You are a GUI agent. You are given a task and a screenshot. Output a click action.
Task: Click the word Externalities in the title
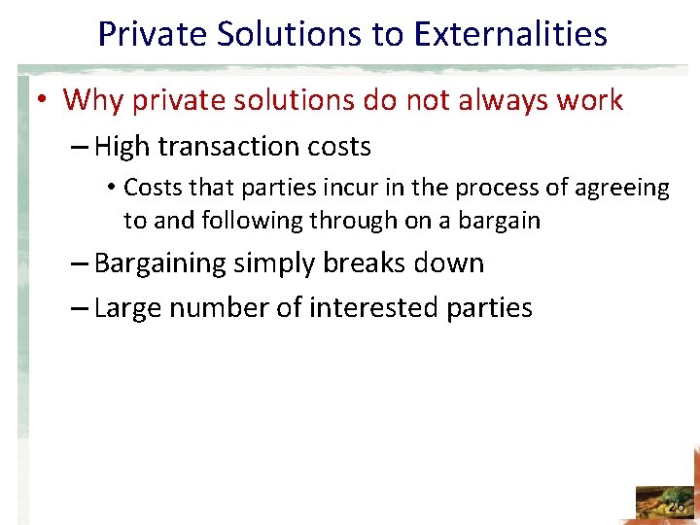pos(510,34)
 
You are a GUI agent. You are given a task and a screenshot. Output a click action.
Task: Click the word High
pos(123,147)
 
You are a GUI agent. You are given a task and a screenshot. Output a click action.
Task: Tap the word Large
pos(129,308)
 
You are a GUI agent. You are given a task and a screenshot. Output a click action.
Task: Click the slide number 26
pos(676,506)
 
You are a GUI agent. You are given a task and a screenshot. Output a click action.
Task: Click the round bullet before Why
pos(46,100)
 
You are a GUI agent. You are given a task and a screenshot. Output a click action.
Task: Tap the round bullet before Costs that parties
pos(112,187)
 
